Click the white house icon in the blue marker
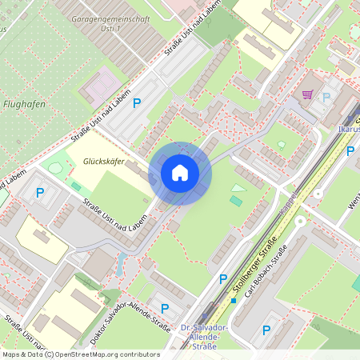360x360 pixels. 180,172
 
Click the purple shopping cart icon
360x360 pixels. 307,94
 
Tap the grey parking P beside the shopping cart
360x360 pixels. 326,97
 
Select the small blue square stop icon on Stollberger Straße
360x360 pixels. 234,301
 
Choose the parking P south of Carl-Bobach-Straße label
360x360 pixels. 267,328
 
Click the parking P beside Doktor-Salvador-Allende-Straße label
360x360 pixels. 165,308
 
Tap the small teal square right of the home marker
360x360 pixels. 235,201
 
